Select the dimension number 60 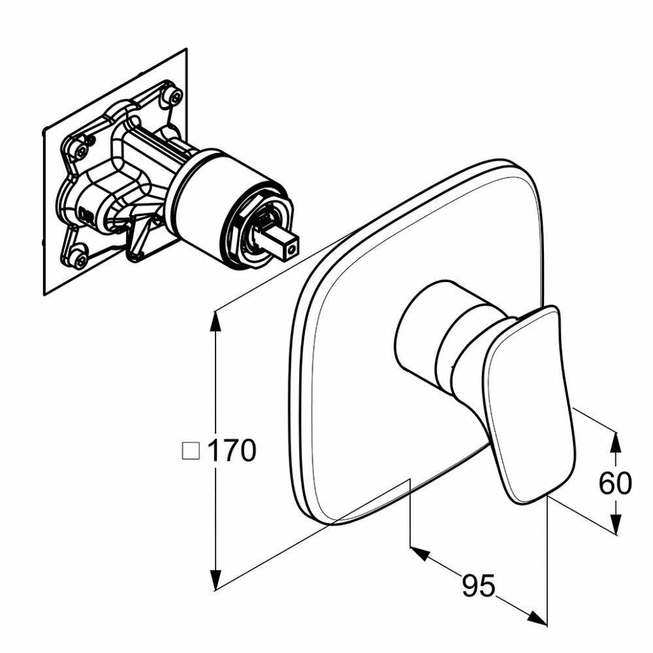pos(615,483)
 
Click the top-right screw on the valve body pos(174,97)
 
